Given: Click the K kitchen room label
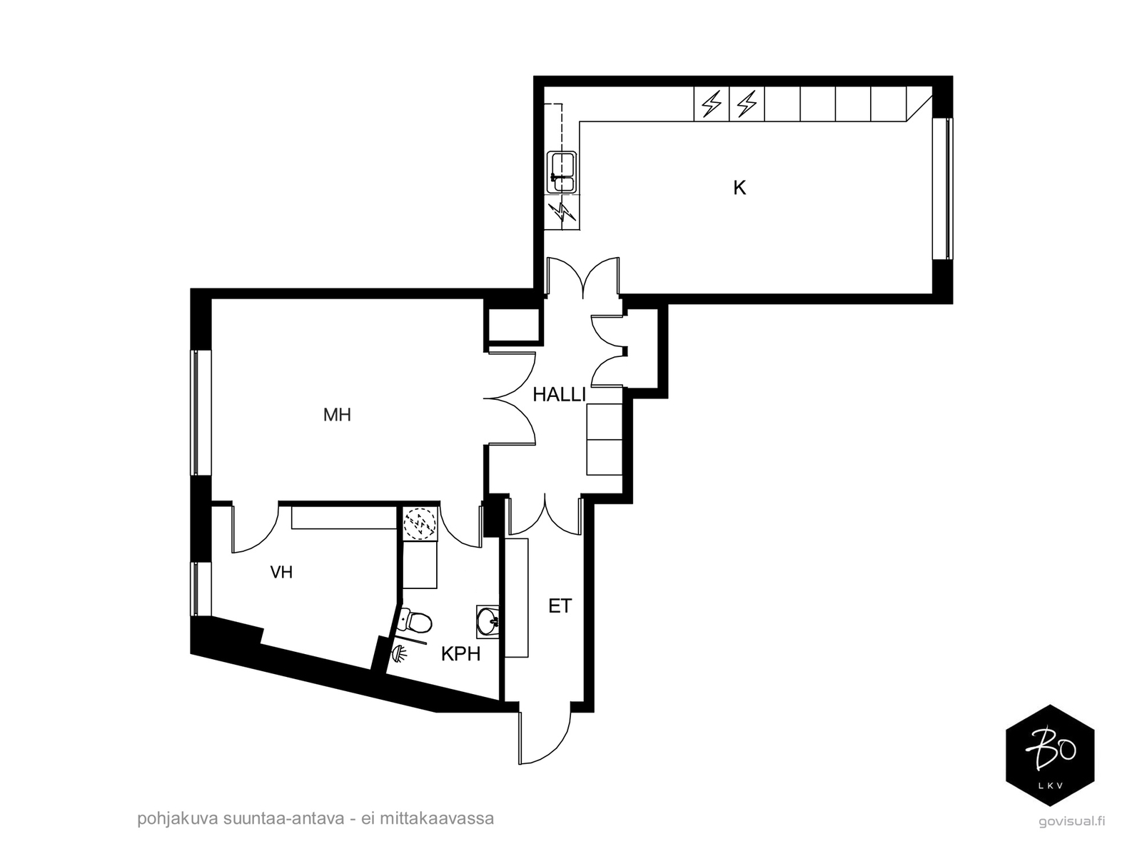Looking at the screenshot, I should click(739, 188).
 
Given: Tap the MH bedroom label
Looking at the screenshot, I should click(337, 415).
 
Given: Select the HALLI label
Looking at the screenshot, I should click(559, 394).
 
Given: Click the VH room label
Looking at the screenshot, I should click(281, 572).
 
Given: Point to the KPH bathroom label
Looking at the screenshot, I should click(460, 653).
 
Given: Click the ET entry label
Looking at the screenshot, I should click(560, 606).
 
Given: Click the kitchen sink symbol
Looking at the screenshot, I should click(562, 172).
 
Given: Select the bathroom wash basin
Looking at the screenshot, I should click(489, 621).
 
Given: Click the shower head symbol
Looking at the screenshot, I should click(400, 653).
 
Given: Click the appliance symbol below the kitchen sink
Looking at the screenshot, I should click(562, 212).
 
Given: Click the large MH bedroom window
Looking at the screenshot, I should click(194, 412).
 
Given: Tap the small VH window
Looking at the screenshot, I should click(194, 589).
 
